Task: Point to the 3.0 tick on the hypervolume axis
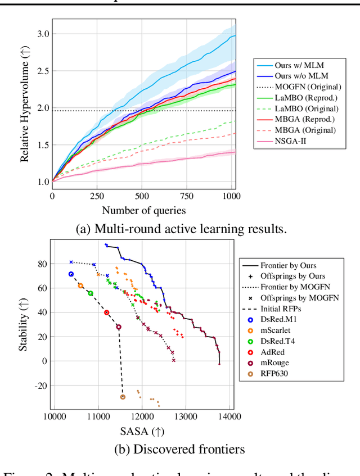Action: pos(43,34)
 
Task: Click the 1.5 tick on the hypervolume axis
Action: pos(43,145)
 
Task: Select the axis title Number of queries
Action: pos(143,211)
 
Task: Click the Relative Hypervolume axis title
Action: pos(25,108)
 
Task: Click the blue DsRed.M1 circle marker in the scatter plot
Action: pos(71,274)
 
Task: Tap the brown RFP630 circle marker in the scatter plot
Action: pos(123,397)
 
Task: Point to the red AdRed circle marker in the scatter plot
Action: pos(106,312)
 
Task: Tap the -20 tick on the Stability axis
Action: pos(41,385)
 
